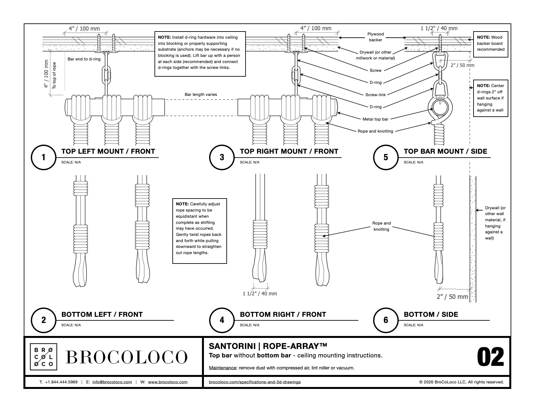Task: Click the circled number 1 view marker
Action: click(44, 157)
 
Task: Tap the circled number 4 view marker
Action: click(222, 320)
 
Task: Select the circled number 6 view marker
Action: click(386, 320)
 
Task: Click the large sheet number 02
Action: click(490, 357)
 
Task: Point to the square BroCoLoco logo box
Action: click(44, 357)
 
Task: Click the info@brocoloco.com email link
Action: click(112, 382)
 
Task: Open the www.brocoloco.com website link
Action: click(168, 382)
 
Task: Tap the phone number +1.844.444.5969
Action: click(61, 382)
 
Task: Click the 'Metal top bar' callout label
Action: click(375, 119)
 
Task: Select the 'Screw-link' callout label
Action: click(375, 95)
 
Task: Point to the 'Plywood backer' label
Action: click(375, 37)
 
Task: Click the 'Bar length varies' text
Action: click(201, 95)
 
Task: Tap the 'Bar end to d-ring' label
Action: click(84, 59)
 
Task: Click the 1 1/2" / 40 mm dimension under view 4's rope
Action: click(260, 293)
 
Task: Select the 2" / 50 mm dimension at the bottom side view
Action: click(452, 297)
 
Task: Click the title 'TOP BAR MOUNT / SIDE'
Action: click(445, 151)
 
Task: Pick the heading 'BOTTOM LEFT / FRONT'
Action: click(102, 314)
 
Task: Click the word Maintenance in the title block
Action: click(222, 368)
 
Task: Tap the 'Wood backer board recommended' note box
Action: click(490, 44)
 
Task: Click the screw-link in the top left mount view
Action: click(106, 75)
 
